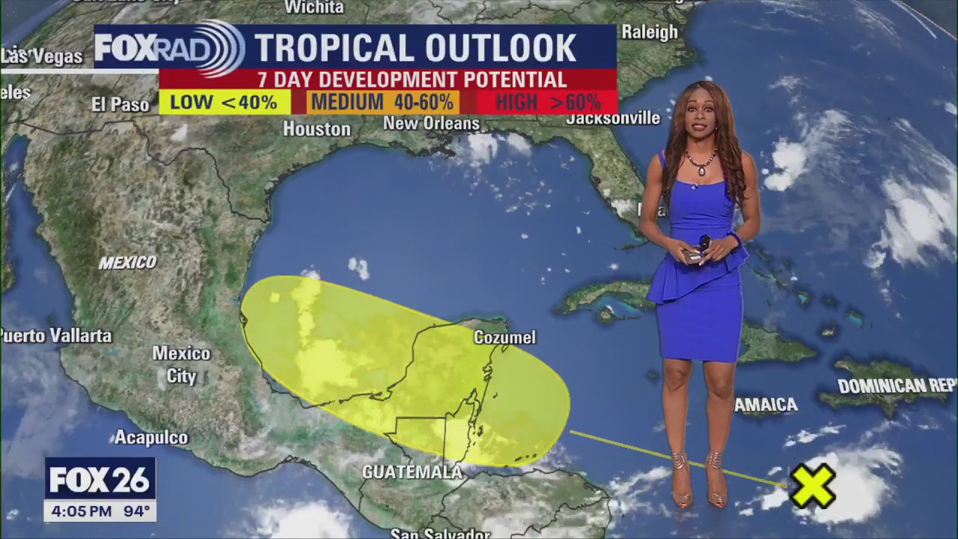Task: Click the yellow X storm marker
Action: (x=813, y=485)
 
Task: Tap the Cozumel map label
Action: (x=504, y=338)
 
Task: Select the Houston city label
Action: (x=317, y=129)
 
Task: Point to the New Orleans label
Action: (x=431, y=123)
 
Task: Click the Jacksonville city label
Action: (x=613, y=118)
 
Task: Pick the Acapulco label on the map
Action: (x=150, y=437)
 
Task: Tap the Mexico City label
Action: (x=181, y=364)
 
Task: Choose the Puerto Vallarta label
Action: (x=57, y=335)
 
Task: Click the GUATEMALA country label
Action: (x=412, y=472)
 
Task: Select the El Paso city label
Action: (x=120, y=104)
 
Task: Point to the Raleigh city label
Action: (x=650, y=32)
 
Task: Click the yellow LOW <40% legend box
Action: (x=224, y=102)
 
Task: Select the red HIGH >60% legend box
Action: (x=548, y=102)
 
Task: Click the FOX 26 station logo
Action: (x=100, y=480)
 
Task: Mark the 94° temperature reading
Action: (x=136, y=512)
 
